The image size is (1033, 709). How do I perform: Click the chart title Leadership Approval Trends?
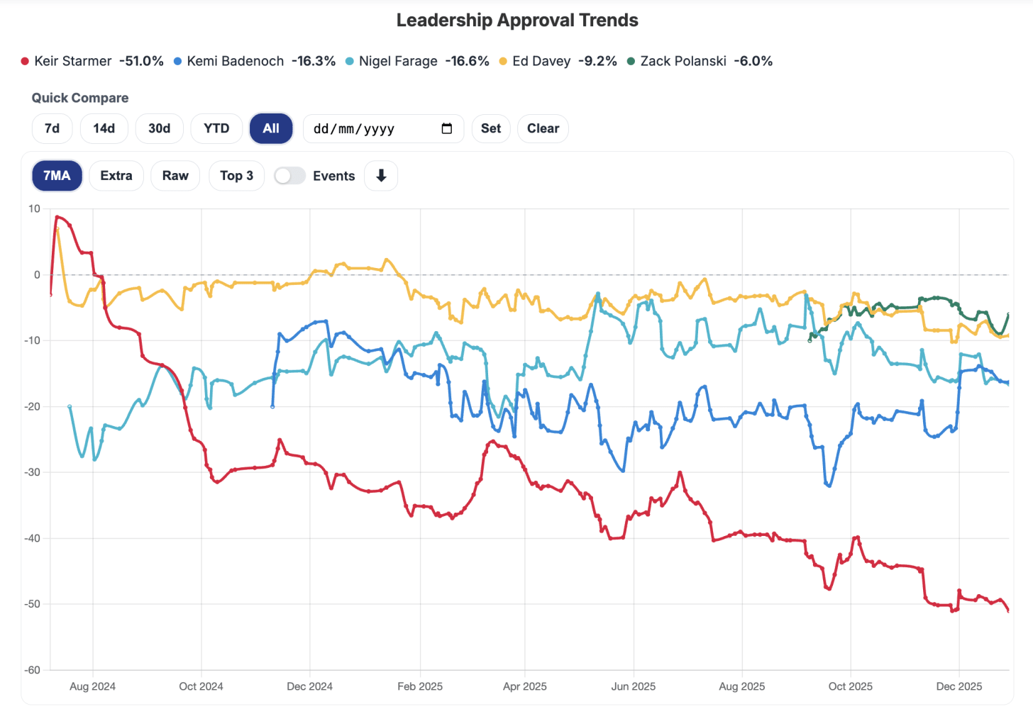tap(516, 21)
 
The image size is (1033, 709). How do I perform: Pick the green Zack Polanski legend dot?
tap(631, 62)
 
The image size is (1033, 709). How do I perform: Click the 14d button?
tap(104, 128)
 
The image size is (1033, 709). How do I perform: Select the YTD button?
tap(216, 128)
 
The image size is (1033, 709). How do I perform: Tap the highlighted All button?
tap(271, 128)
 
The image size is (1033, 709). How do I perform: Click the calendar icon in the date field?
tap(447, 128)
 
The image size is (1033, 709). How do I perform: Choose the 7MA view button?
tap(57, 176)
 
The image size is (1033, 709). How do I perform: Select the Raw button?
tap(175, 176)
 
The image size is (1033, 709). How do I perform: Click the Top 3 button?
tap(236, 176)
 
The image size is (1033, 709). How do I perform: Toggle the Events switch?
tap(289, 176)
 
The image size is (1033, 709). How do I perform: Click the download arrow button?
tap(381, 176)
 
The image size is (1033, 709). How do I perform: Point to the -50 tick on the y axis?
tap(33, 604)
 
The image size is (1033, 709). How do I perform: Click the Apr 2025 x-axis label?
tap(524, 686)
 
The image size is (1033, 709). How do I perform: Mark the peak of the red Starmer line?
tap(57, 217)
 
